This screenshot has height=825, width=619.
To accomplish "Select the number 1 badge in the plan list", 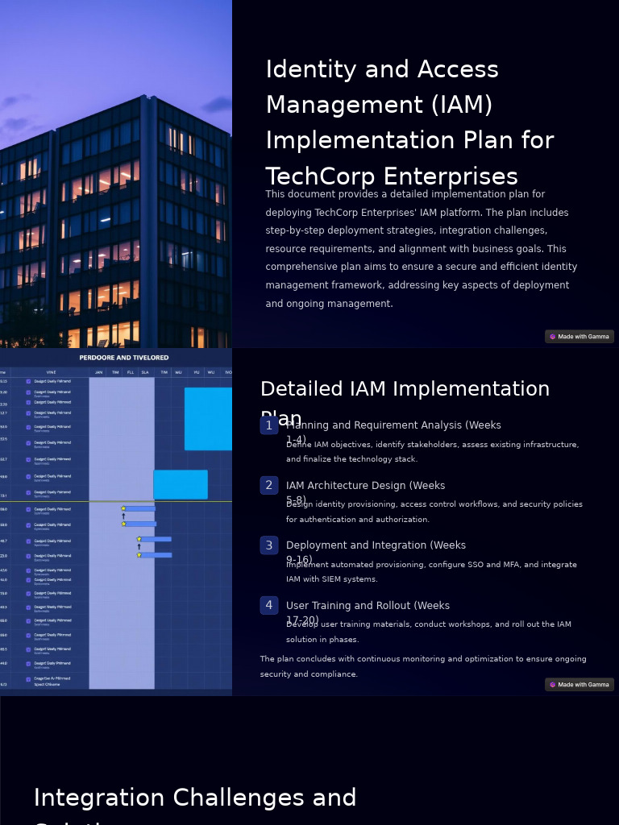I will tap(269, 425).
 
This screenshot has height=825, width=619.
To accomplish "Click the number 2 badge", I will tap(269, 485).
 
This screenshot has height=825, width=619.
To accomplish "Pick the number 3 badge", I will tap(269, 545).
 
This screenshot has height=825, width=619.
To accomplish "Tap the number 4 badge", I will tap(269, 605).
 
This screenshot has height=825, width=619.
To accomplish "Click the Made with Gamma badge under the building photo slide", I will tap(579, 337).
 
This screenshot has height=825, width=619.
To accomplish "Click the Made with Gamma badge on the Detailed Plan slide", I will tap(579, 685).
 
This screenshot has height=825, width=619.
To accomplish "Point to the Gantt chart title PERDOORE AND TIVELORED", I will tap(123, 358).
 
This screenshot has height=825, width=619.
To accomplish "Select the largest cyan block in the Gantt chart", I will tap(208, 418).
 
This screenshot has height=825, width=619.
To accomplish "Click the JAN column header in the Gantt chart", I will tap(98, 372).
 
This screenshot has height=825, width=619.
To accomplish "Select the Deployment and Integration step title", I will tap(376, 545).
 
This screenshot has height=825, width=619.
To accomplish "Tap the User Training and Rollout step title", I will tap(368, 606).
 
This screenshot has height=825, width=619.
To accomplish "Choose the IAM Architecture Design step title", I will tap(365, 486).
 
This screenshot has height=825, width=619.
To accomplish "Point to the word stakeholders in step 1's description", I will tap(421, 445).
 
